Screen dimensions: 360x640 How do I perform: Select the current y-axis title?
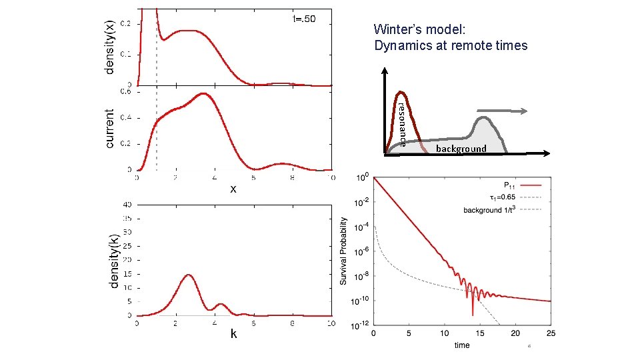click(111, 129)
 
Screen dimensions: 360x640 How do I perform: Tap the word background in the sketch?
click(461, 148)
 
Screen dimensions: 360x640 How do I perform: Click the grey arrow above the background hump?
click(503, 111)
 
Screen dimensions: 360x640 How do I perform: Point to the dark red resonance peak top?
click(401, 92)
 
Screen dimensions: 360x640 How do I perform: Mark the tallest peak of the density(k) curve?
click(189, 275)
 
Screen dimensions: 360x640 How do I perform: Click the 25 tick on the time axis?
click(550, 333)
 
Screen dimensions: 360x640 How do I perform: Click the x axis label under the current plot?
click(233, 189)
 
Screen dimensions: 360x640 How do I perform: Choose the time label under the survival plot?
click(461, 345)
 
